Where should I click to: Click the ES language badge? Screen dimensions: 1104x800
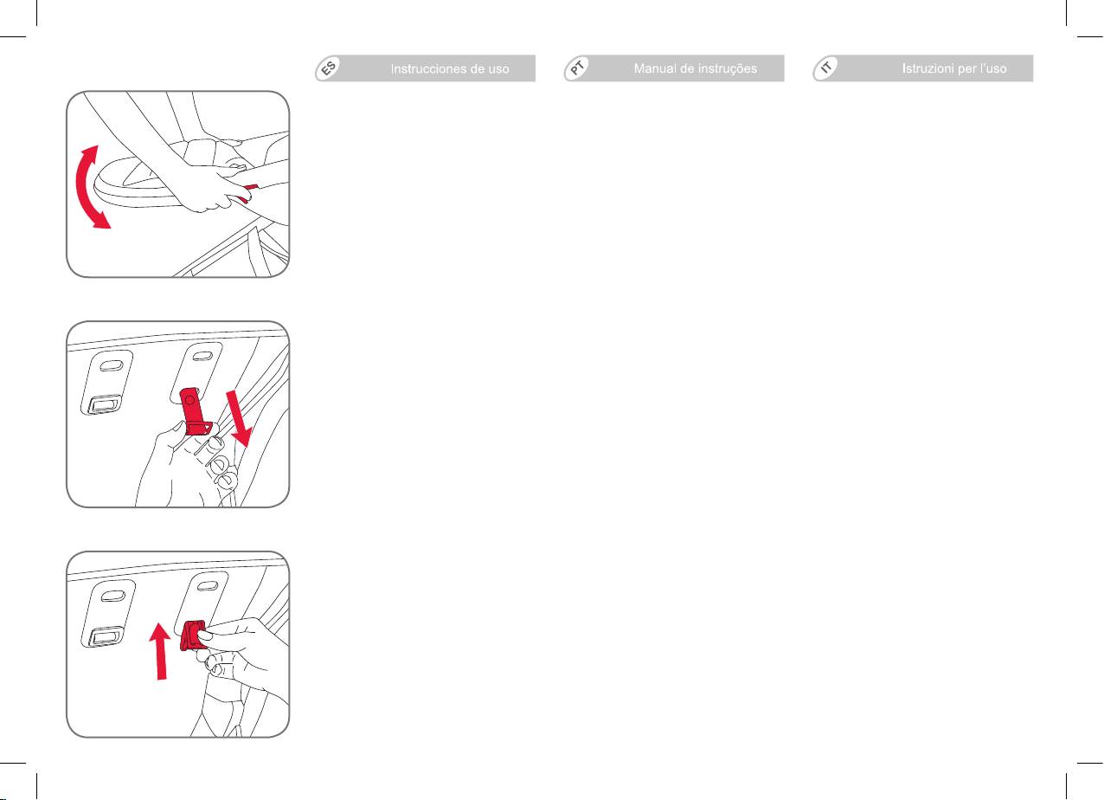[329, 68]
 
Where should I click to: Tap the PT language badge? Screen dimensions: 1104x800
[578, 68]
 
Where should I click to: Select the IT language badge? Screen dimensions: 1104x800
[826, 68]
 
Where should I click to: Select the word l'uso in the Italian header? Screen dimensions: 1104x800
[993, 68]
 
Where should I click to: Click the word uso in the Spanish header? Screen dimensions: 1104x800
[498, 69]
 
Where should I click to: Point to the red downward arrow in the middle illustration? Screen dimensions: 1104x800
[239, 418]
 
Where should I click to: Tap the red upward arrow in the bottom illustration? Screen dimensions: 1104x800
[161, 651]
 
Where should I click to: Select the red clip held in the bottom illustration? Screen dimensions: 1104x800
[192, 635]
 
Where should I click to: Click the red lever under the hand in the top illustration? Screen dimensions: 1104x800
[248, 193]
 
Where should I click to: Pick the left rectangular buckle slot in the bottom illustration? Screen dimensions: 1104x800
[105, 636]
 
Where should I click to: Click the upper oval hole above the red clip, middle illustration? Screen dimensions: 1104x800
[202, 356]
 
